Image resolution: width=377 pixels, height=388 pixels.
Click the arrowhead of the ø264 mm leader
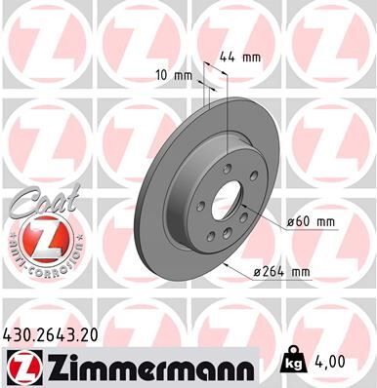click(x=227, y=263)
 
